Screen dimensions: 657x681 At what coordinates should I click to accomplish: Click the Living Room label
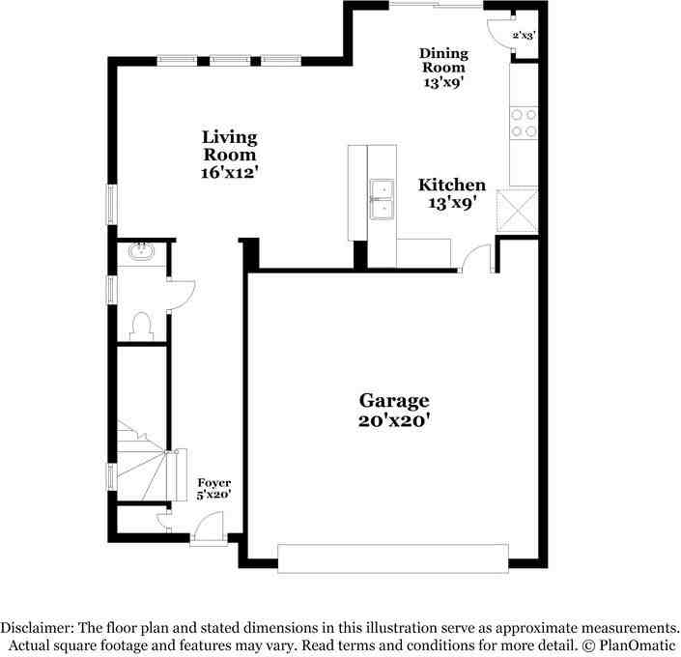coord(229,146)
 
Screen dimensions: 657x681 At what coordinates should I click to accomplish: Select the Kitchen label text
coord(451,185)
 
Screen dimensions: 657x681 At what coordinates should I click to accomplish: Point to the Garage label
coord(394,400)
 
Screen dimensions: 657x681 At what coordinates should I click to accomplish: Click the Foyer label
coord(214,482)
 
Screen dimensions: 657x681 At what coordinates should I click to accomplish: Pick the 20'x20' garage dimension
coord(394,420)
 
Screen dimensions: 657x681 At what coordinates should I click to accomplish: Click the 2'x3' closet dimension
coord(525,36)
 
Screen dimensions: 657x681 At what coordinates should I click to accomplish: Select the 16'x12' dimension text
coord(229,172)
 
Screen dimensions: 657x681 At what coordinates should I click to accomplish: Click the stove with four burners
coord(524,123)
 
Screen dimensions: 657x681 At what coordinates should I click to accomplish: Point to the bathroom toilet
coord(141,325)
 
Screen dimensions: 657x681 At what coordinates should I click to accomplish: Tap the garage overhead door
coord(392,558)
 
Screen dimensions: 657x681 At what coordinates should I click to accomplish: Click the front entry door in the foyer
coord(207,530)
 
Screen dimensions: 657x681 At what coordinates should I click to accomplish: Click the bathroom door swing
coord(182,294)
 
